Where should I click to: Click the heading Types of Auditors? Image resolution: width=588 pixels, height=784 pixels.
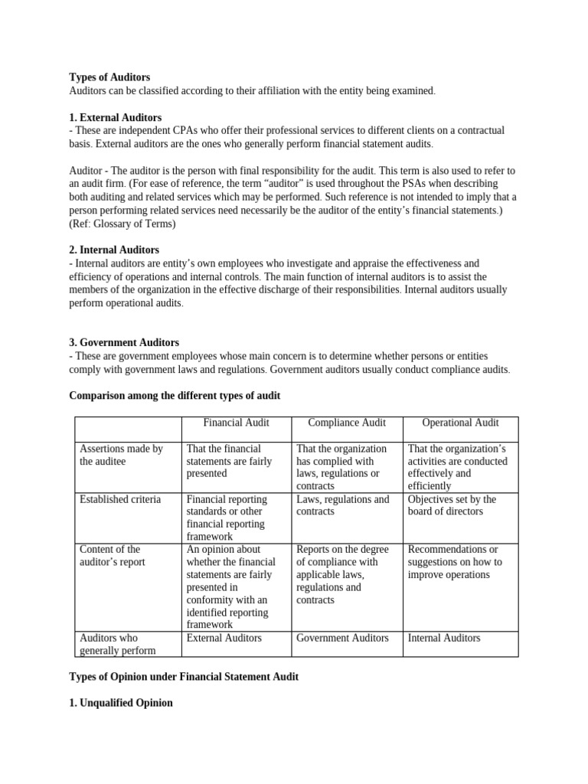109,77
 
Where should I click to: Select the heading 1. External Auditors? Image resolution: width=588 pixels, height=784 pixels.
116,117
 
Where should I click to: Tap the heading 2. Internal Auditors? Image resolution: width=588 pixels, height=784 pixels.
114,250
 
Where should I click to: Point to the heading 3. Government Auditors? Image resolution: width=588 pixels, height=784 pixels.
124,342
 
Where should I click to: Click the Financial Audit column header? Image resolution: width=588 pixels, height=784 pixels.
236,423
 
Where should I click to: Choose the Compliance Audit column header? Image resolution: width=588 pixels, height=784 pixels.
347,423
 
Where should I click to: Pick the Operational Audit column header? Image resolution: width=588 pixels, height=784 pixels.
460,423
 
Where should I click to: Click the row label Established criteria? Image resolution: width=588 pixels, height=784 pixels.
120,499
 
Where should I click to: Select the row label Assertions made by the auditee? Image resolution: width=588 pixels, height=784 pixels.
121,455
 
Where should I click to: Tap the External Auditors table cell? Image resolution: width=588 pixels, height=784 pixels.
224,638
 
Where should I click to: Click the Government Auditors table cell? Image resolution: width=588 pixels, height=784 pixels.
342,638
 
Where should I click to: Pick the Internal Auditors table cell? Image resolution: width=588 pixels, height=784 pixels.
444,638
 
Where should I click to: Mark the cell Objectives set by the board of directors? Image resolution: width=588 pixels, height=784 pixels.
452,505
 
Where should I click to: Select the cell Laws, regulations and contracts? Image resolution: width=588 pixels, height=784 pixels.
342,505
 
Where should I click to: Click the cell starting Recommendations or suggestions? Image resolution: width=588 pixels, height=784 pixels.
455,561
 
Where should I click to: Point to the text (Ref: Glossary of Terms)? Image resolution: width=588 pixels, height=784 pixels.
122,224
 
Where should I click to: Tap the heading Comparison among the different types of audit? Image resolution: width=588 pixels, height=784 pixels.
175,395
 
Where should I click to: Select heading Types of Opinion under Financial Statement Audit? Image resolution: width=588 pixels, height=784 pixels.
184,677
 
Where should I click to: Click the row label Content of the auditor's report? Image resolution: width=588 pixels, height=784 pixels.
112,555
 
